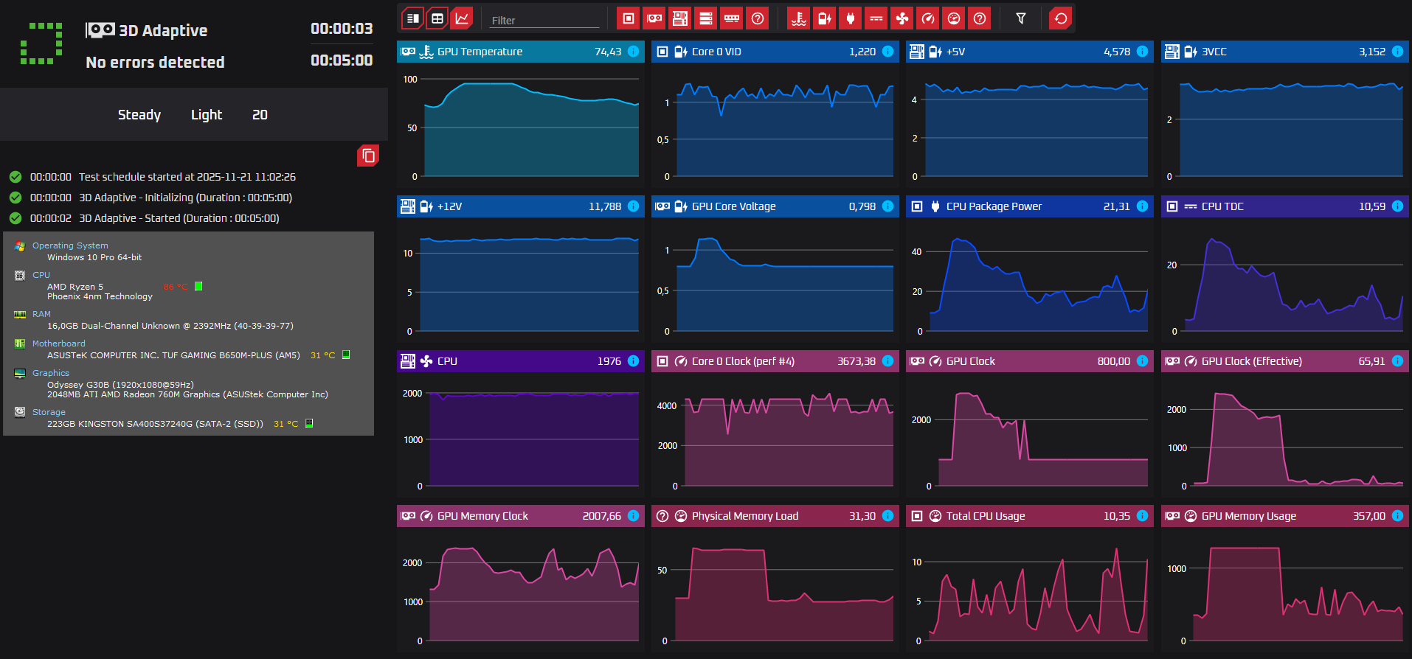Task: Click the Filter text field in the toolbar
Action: pos(544,20)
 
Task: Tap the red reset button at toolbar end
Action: pos(1060,18)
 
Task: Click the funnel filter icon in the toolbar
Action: pos(1021,18)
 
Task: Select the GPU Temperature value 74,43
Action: pos(608,52)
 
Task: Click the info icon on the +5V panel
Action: pos(1142,52)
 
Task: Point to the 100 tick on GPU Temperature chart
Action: pos(410,80)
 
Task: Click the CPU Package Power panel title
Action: pos(994,206)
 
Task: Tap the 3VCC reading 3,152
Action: pos(1371,52)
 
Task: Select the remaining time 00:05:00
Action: pos(342,60)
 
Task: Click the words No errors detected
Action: pos(155,63)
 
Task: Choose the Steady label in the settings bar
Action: pos(139,115)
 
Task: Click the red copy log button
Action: pos(368,156)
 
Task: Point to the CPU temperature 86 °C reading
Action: pos(176,287)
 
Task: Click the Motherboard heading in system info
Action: pos(58,344)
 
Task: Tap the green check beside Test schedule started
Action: pos(15,177)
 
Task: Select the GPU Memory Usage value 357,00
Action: pos(1368,516)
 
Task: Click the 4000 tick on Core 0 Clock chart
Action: pos(667,406)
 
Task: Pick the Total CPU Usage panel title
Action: pos(986,516)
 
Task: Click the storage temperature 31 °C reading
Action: pos(285,424)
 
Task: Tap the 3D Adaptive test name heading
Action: pos(163,31)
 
